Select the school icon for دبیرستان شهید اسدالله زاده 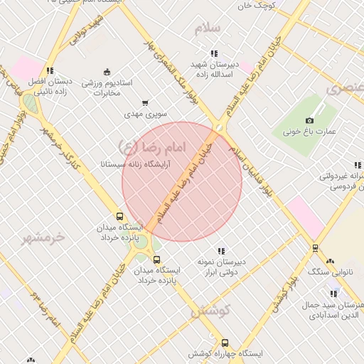pos(214,53)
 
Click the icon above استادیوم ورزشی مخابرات pos(107,71)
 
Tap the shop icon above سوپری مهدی pos(145,103)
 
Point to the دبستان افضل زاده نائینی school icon pos(50,70)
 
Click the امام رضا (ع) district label pos(150,147)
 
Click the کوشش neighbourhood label pos(211,311)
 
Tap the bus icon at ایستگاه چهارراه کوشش pos(225,343)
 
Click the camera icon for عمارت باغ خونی pos(309,121)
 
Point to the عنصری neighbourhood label pos(344,89)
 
